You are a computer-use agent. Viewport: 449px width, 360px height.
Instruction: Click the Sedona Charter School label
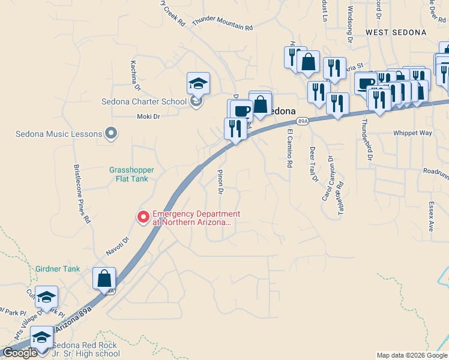tap(144, 101)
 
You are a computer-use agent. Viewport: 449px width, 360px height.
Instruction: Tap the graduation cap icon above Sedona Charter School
tap(198, 83)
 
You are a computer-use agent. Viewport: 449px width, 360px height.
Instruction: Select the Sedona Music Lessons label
tap(59, 133)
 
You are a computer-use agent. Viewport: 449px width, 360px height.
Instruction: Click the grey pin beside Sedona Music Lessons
tap(110, 133)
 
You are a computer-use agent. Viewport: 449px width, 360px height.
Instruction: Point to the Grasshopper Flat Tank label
tap(128, 174)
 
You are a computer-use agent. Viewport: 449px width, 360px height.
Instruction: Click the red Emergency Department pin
tap(143, 217)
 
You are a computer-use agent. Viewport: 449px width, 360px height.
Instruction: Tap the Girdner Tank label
tap(57, 269)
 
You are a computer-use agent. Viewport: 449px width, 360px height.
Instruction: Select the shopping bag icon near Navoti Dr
tap(104, 278)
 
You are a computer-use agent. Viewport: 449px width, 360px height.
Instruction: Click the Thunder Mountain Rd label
tap(223, 24)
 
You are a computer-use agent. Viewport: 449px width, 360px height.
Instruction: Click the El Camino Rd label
tap(289, 148)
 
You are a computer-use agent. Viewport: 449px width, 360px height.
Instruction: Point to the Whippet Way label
tap(412, 133)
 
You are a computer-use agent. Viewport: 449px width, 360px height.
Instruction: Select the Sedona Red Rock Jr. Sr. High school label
tap(86, 349)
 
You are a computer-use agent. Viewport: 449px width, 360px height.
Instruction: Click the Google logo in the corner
tap(20, 353)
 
